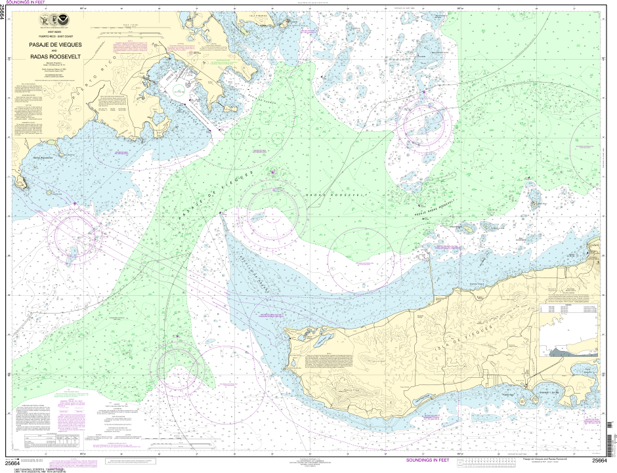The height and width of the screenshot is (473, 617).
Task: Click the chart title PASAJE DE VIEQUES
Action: (x=56, y=45)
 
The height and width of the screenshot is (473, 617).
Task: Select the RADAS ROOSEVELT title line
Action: (x=56, y=58)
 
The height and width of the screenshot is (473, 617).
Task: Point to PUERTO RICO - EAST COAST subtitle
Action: (x=56, y=36)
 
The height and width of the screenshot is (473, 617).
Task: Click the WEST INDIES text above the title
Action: (x=56, y=31)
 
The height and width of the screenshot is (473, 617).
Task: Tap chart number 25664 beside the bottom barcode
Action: (x=599, y=461)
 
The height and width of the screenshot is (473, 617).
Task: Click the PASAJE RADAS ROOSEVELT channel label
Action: (x=435, y=208)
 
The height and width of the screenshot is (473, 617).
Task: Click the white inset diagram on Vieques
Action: (x=569, y=331)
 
